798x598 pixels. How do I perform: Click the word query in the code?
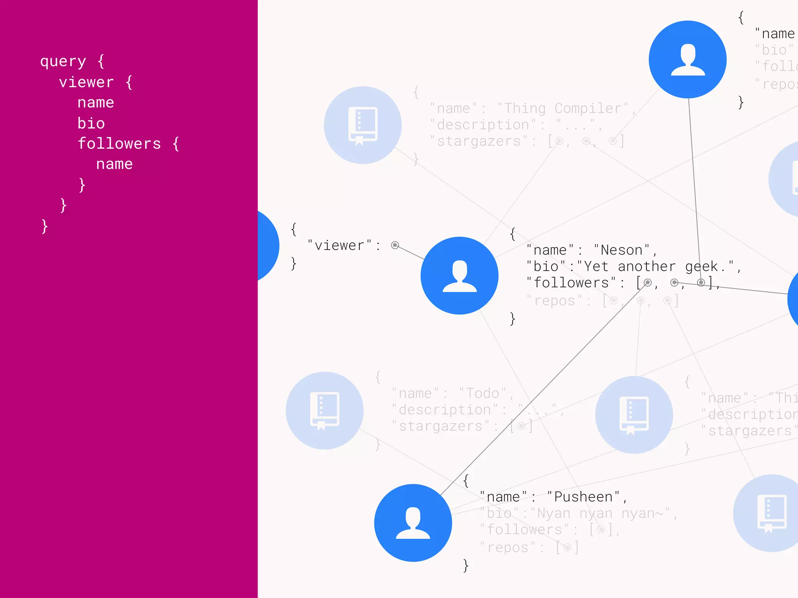point(63,62)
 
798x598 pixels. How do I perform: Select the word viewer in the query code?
point(86,82)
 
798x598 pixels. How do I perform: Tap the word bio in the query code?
point(91,123)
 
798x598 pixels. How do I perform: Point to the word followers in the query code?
point(119,144)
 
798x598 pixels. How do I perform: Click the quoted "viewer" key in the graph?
point(339,245)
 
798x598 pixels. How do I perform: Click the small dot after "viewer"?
point(395,245)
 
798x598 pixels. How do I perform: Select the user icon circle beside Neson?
point(459,275)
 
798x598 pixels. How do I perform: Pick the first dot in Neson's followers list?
point(647,282)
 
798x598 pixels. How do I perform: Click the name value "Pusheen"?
point(584,497)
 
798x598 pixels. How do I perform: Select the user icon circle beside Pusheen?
point(413,522)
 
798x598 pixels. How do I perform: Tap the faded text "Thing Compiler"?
point(563,108)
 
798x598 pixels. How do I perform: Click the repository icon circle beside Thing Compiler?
point(362,125)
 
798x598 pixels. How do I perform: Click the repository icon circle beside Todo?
point(324,410)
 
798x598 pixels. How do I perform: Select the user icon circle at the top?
point(687,59)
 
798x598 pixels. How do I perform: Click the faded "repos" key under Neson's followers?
point(554,301)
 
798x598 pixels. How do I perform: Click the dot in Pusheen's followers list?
point(601,529)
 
